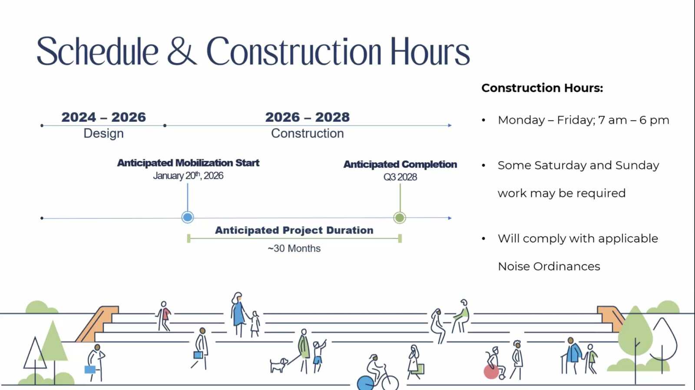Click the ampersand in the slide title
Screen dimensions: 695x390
point(182,50)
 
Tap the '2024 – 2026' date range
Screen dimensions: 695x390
point(104,117)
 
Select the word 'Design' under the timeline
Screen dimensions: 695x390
point(104,133)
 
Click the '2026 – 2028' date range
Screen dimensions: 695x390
point(308,117)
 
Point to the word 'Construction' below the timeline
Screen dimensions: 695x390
point(308,133)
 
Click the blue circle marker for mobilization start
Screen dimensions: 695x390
point(187,217)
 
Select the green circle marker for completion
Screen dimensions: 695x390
point(400,218)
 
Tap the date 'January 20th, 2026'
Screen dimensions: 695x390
point(188,176)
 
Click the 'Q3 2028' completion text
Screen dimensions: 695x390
point(400,177)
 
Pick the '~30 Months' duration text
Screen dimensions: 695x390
point(294,248)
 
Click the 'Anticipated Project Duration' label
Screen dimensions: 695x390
point(294,230)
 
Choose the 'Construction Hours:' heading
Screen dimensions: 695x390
point(542,88)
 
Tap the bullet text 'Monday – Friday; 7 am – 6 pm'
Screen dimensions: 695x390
point(583,120)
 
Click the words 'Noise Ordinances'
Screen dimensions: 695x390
point(549,267)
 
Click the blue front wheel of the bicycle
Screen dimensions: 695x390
point(365,383)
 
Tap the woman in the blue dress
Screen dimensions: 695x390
point(238,314)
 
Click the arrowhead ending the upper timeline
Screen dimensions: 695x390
point(450,126)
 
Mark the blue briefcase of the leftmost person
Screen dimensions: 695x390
point(90,370)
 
